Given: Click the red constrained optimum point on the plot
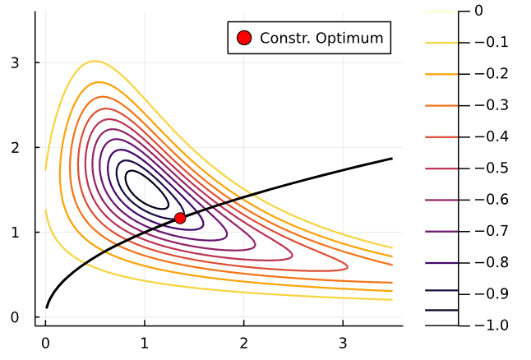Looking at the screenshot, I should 180,218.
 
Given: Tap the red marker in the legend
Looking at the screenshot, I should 243,38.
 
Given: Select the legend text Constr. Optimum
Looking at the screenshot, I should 321,38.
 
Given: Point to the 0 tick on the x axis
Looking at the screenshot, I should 45,340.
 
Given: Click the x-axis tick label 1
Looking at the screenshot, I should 145,340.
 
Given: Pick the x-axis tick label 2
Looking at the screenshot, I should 244,340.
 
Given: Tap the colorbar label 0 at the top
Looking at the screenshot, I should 478,12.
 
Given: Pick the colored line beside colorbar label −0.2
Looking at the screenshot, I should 441,74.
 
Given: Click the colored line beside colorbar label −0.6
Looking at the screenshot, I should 441,200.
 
